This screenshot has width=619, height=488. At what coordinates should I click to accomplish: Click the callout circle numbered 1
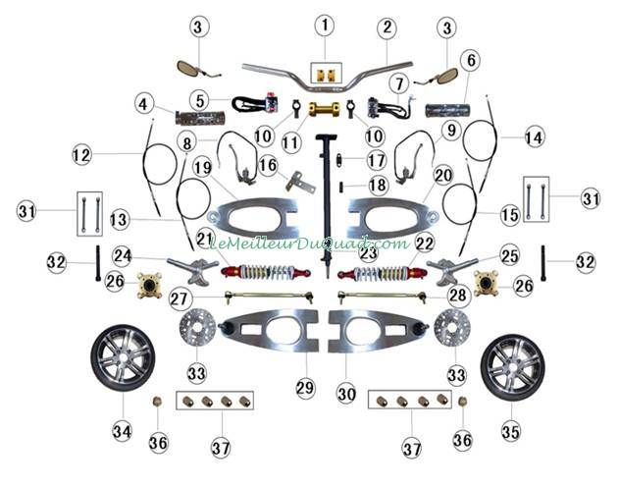point(325,26)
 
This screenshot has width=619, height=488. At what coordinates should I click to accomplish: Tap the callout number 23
point(368,253)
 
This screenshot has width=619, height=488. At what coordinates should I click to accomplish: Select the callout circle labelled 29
point(305,388)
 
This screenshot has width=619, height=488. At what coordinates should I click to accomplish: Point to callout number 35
point(511,431)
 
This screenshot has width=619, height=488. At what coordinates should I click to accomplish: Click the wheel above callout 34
point(123,357)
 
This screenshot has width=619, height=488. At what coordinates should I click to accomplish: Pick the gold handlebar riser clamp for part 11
point(324,109)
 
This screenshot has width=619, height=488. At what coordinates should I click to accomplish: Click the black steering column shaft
point(327,205)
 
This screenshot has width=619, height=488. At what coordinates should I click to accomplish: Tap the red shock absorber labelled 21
point(266,272)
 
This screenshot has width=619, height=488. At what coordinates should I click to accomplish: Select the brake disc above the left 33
point(197,328)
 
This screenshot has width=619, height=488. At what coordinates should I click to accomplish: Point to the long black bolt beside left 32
point(98,263)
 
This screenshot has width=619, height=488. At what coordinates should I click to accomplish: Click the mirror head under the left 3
point(187,68)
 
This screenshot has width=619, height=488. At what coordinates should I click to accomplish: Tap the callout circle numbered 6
point(471,60)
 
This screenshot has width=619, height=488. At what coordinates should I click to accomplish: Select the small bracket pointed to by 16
point(300,182)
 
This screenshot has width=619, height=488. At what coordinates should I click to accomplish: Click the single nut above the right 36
point(462,402)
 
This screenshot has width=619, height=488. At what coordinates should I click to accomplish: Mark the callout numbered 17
point(376,160)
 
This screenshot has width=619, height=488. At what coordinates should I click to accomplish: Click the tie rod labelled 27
point(269,297)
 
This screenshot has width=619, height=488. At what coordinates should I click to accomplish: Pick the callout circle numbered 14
point(534,137)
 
